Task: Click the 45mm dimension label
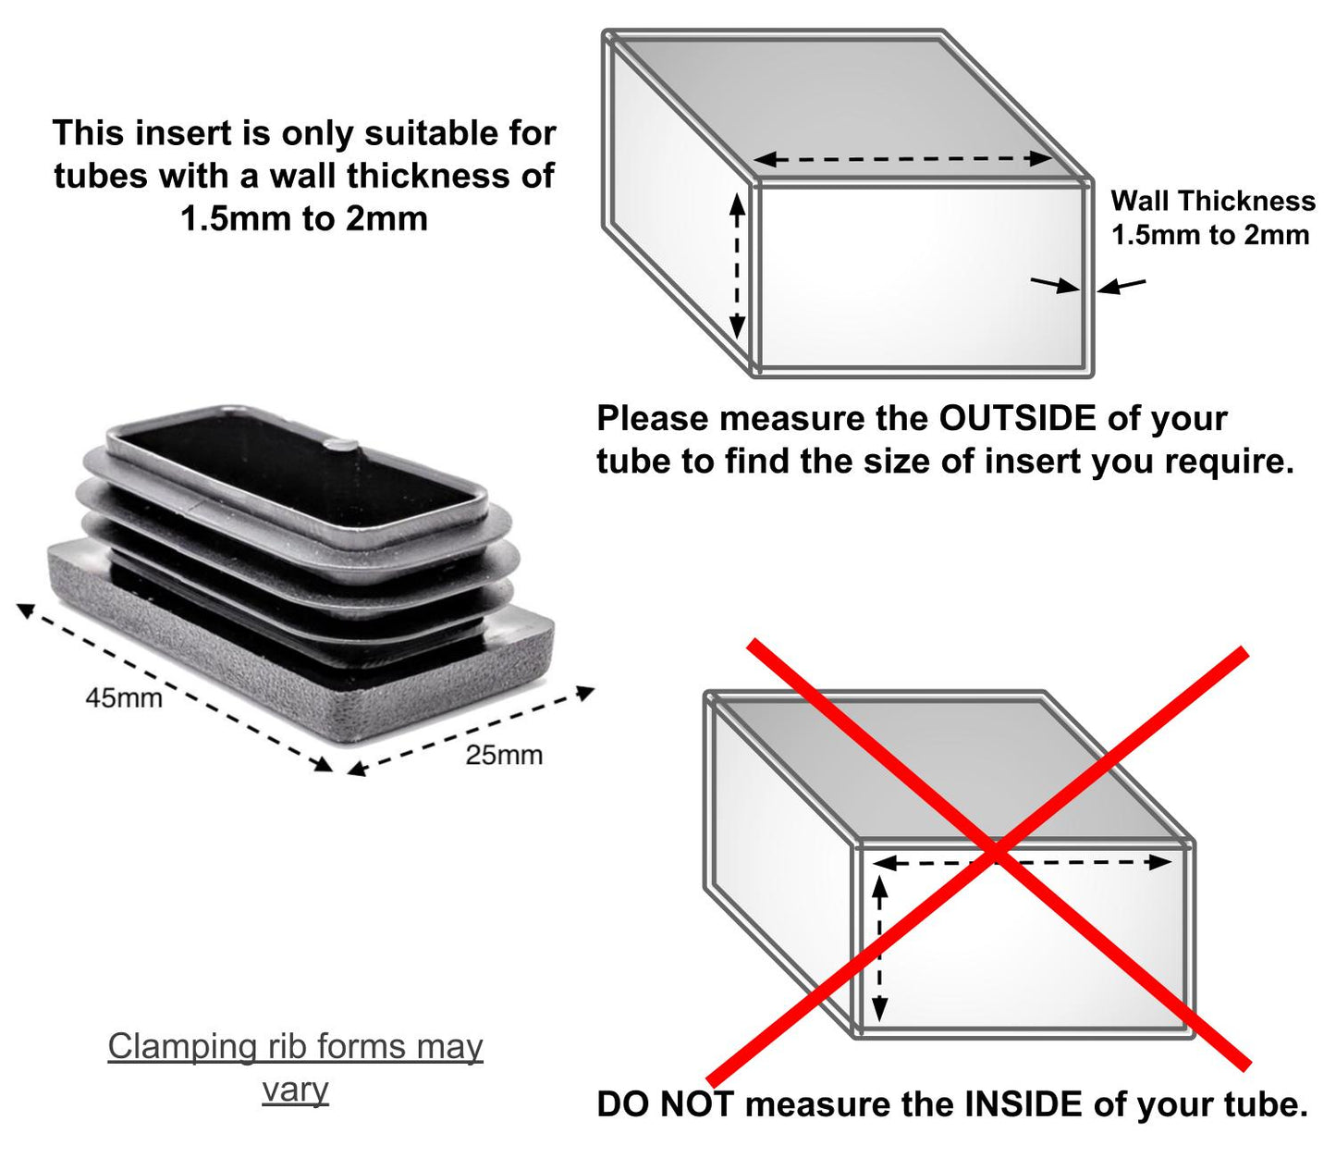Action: [124, 698]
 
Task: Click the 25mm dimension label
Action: [504, 755]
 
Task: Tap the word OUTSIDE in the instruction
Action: [1017, 418]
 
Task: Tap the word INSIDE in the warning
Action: [1023, 1104]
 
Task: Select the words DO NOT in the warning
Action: [665, 1104]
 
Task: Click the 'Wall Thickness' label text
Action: [1213, 201]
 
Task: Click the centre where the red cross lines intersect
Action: [996, 856]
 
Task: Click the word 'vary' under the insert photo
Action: [295, 1090]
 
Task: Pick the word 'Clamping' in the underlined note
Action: [182, 1047]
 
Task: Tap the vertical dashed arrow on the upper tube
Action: [737, 267]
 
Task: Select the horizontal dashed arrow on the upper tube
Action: [903, 158]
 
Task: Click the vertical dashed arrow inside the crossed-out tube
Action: [879, 949]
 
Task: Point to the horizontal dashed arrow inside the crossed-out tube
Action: [1023, 862]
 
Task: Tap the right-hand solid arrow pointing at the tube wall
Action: [1121, 285]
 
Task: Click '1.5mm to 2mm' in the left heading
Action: [304, 218]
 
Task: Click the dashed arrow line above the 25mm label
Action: [471, 730]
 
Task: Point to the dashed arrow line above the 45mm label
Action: [175, 686]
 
